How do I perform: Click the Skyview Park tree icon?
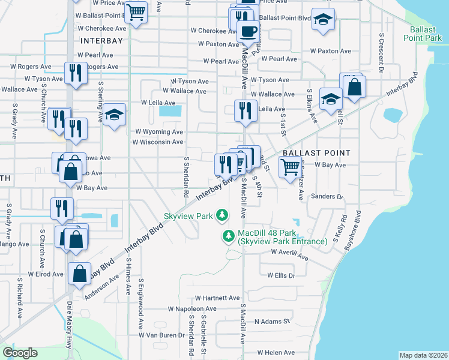point(222,215)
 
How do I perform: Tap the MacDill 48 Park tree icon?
point(228,236)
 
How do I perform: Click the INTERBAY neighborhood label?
point(101,41)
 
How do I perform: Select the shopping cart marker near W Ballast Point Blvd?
point(136,11)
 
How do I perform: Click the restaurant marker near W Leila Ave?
point(245,110)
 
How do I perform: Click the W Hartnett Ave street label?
point(217,298)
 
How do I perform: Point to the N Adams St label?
point(272,322)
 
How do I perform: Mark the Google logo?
point(20,353)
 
